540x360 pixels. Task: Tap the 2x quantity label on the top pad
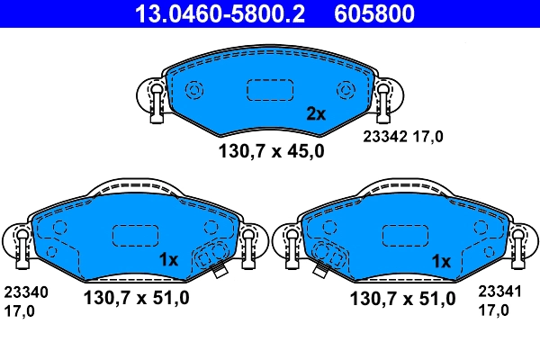[315, 114]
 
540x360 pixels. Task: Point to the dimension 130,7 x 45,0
[270, 151]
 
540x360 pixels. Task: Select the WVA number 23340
[26, 292]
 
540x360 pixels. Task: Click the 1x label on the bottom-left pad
[170, 259]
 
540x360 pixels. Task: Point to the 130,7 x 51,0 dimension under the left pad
[136, 299]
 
